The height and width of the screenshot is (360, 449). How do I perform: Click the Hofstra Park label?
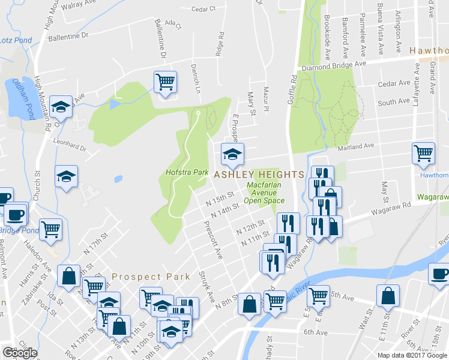point(187,173)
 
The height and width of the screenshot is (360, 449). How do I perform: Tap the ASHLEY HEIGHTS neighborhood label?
point(259,174)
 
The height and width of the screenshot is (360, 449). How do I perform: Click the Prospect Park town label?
point(151,277)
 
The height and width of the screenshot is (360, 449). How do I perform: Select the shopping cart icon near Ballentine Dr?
point(165,82)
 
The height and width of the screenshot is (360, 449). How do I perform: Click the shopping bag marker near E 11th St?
point(388,295)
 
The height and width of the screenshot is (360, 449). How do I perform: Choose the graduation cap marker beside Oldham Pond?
point(61,107)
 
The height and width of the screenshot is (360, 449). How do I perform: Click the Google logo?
point(20,353)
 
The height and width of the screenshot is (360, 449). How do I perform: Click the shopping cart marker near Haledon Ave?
point(51,229)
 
